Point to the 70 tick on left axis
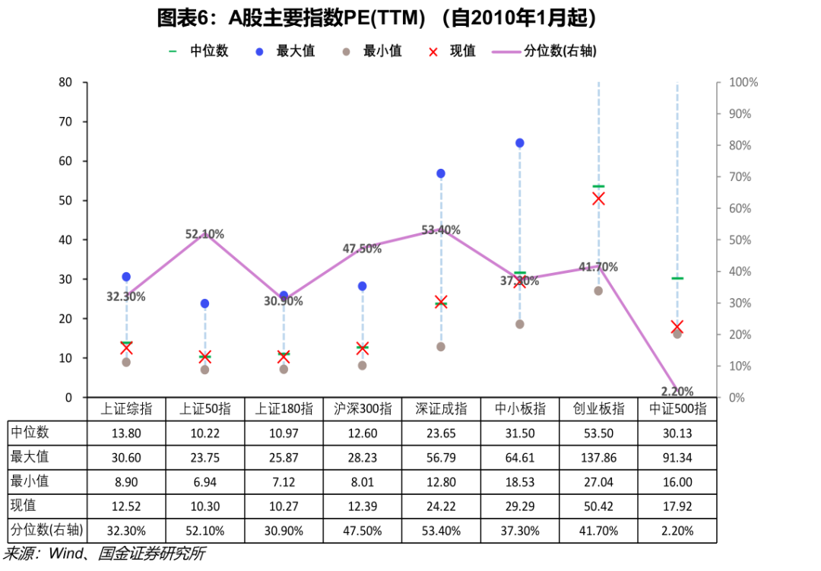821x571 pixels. tap(66, 122)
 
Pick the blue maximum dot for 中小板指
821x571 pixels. tap(520, 143)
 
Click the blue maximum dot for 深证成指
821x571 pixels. tap(441, 173)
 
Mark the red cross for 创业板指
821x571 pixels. tap(598, 198)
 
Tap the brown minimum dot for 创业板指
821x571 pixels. tap(598, 290)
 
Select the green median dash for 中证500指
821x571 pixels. tap(677, 278)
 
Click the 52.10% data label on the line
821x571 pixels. tap(205, 234)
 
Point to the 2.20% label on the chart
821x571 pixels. tap(677, 392)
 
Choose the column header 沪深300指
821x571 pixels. tap(363, 408)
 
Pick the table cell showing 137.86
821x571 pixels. tap(599, 458)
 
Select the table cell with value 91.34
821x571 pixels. tap(677, 458)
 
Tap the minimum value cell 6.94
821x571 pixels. tap(205, 482)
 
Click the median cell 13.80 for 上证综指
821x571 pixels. tap(126, 433)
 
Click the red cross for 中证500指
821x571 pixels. tap(677, 327)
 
